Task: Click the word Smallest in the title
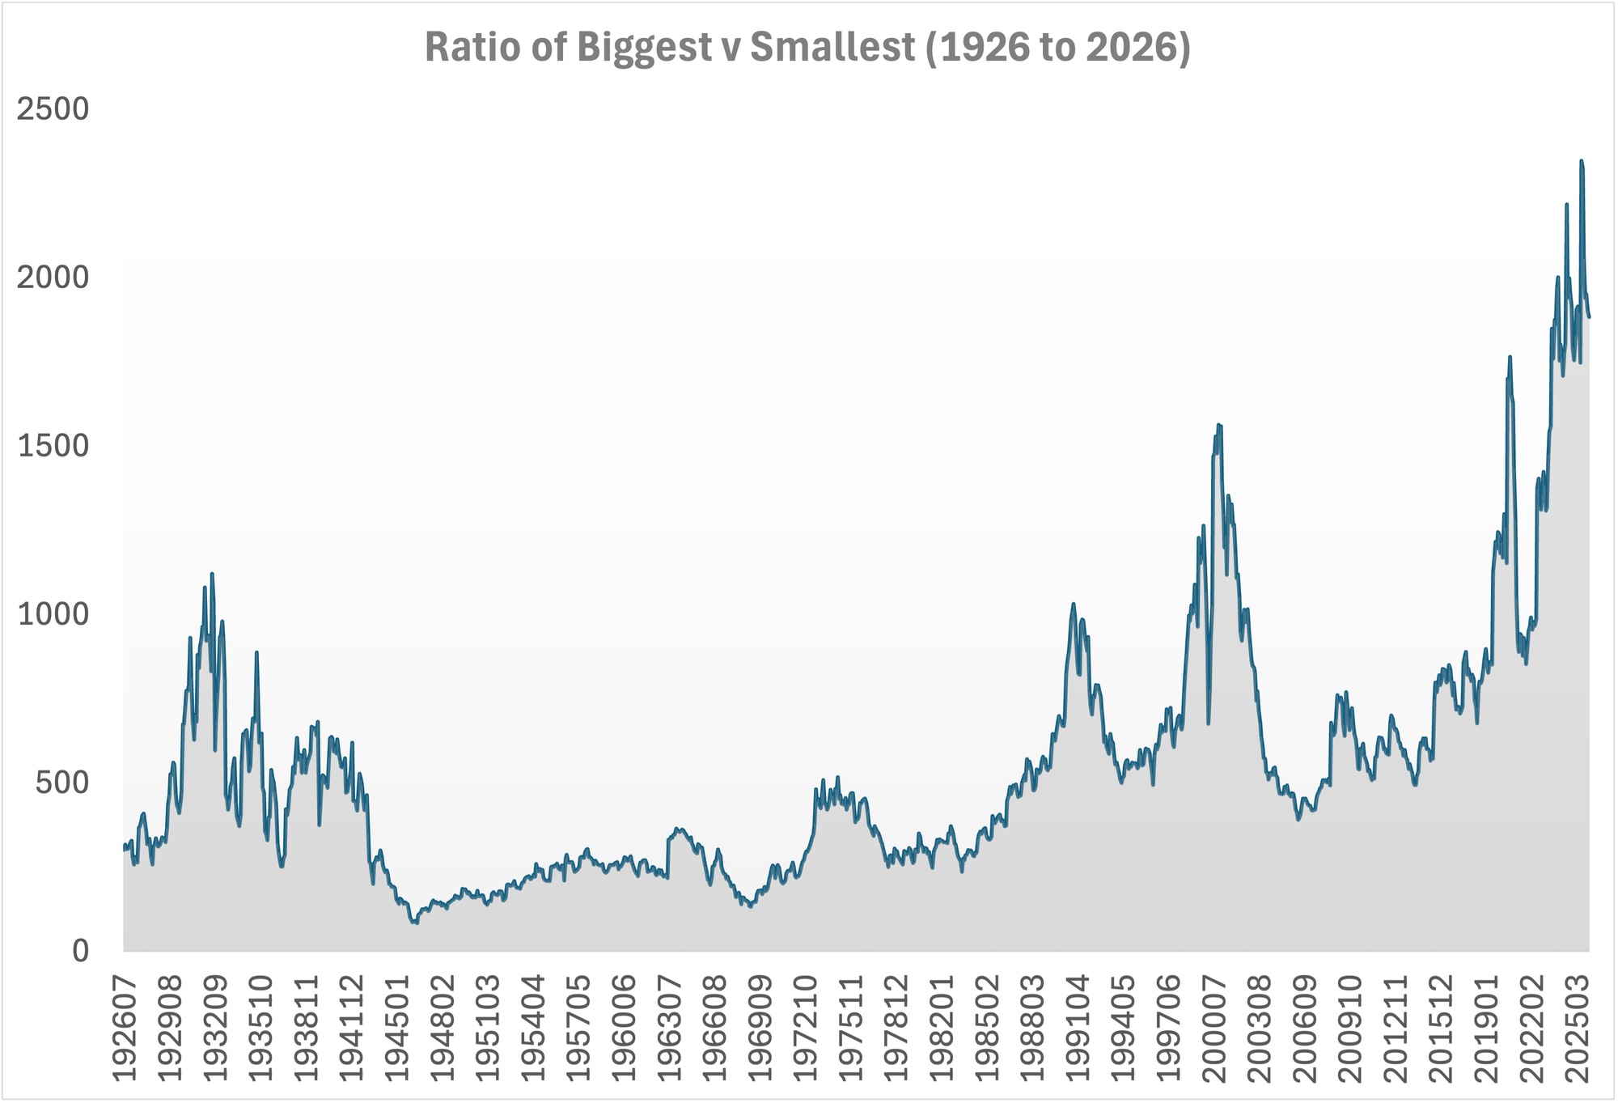coord(832,48)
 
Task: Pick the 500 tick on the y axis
coord(62,783)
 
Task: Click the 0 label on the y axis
coord(80,951)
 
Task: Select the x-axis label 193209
coord(215,1028)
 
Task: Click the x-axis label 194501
coord(397,1028)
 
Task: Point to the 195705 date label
coord(579,1028)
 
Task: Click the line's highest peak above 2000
coord(1582,161)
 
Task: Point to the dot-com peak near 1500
coord(1218,425)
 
